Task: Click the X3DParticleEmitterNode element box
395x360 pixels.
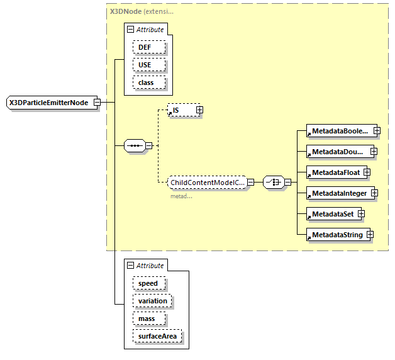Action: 49,103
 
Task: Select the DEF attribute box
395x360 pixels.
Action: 148,47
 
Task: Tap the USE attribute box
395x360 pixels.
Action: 148,65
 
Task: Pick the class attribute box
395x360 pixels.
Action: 148,82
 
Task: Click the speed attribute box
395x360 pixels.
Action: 148,283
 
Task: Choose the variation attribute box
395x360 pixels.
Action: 152,301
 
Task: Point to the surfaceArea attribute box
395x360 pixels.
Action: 157,336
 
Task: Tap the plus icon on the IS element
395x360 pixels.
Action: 199,110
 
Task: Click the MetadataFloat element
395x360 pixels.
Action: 333,172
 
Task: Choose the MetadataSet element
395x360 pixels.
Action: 331,213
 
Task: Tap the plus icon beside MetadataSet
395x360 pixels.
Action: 362,213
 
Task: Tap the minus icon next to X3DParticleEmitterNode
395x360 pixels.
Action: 97,103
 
